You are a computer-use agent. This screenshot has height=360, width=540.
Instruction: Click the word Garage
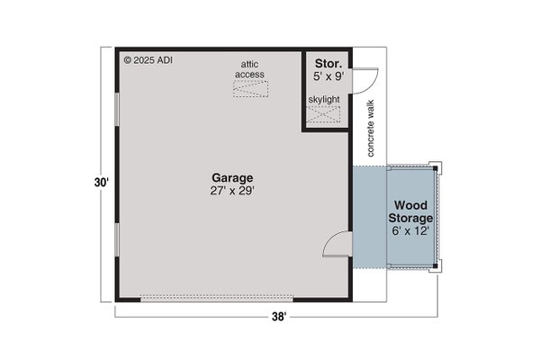coord(231,177)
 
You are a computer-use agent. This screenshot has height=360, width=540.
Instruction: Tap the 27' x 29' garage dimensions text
coord(231,191)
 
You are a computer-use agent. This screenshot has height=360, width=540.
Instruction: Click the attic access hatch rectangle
coord(251,88)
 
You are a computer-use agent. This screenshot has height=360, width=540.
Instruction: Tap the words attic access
coord(251,68)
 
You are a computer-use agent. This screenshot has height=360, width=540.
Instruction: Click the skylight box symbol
coord(325,114)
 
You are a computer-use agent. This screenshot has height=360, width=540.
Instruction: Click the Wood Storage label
coord(411,211)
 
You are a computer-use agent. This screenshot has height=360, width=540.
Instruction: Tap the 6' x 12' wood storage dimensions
coord(411,231)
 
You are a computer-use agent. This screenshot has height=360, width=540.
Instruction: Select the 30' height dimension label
coord(101,183)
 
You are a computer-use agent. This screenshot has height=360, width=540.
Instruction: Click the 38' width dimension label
coord(279,317)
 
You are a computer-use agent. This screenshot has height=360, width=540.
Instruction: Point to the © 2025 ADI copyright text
coord(149,61)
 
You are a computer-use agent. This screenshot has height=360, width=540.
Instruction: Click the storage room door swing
coord(361,78)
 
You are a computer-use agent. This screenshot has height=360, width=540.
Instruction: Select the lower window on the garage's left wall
coord(117,243)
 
